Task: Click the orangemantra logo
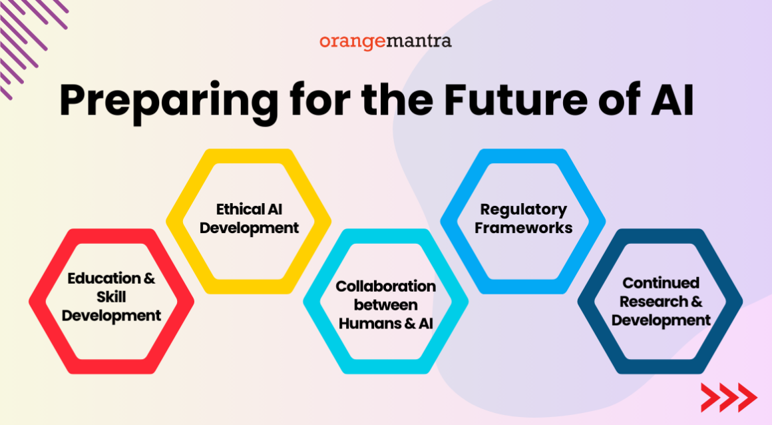pyautogui.click(x=385, y=41)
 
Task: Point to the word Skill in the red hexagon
pyautogui.click(x=111, y=296)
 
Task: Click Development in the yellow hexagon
pyautogui.click(x=249, y=227)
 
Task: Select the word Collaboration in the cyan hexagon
pyautogui.click(x=385, y=286)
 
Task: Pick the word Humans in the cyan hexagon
pyautogui.click(x=368, y=323)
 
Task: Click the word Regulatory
pyautogui.click(x=523, y=209)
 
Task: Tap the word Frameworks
pyautogui.click(x=523, y=227)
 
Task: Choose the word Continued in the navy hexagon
pyautogui.click(x=660, y=283)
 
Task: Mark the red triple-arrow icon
pyautogui.click(x=727, y=398)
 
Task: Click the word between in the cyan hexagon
pyautogui.click(x=385, y=305)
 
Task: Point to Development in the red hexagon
pyautogui.click(x=111, y=315)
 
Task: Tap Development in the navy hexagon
pyautogui.click(x=660, y=320)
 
